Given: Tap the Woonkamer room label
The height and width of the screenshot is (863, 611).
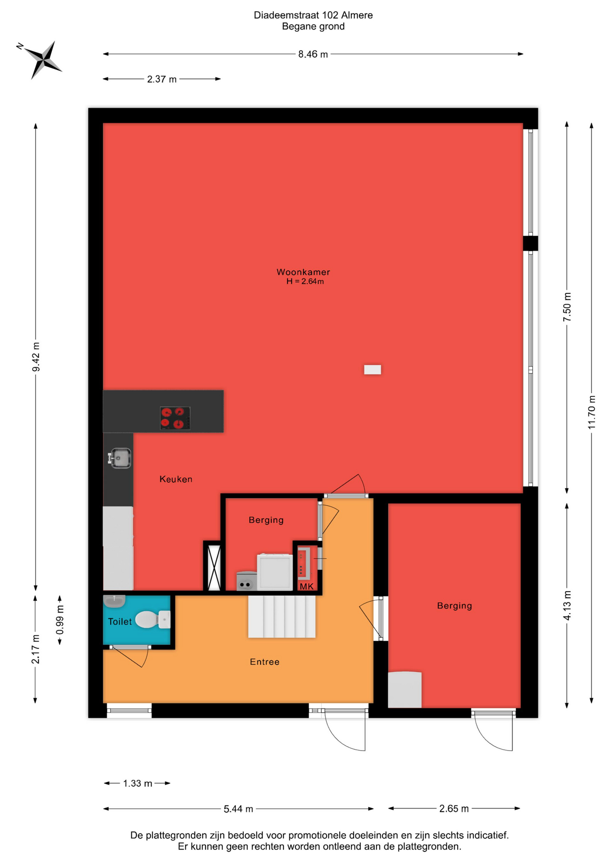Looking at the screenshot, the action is [303, 272].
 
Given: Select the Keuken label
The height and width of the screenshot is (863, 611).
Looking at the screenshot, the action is [176, 479].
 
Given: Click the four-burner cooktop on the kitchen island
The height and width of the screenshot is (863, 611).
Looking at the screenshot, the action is [175, 418].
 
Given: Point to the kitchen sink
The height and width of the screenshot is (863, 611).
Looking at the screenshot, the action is [120, 458].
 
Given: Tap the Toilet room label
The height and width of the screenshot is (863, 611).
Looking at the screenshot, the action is [120, 622].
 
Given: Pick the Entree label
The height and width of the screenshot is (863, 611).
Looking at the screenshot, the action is [265, 662].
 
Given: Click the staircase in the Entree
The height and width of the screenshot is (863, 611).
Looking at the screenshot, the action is [282, 616].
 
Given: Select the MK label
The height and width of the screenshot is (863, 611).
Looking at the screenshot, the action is [306, 587].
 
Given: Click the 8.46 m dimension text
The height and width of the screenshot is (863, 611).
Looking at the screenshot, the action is [313, 54].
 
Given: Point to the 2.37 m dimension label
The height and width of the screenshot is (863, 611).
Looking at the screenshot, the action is [162, 80].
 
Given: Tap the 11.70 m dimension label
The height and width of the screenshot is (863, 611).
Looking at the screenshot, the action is [592, 412].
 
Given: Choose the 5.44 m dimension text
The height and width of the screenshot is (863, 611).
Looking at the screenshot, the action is [238, 809].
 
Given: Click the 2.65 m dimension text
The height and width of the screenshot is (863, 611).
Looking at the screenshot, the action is [454, 809].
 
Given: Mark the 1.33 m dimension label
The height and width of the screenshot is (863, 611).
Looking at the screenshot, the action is [138, 783].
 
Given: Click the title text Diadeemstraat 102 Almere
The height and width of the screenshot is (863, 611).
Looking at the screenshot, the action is [313, 15].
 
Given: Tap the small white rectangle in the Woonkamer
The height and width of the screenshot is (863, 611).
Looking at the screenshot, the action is [373, 369].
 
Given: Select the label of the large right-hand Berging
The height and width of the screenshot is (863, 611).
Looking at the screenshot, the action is [454, 605].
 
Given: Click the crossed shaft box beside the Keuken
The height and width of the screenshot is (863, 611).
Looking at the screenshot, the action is [214, 568].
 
